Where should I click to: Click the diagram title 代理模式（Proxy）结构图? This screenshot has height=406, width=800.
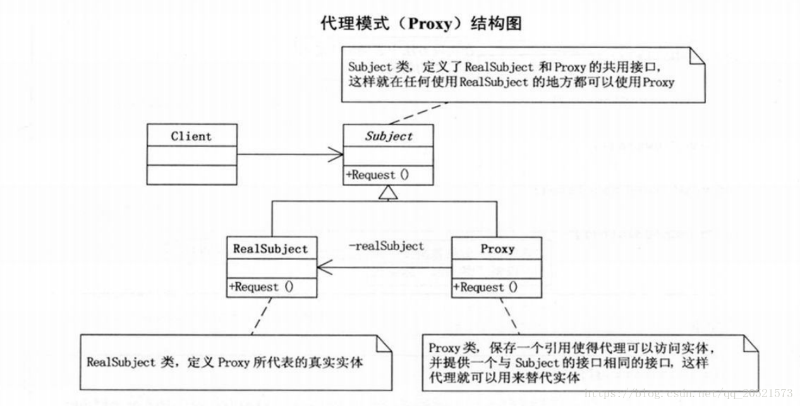coord(421,24)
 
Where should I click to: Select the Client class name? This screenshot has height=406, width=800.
coord(191,136)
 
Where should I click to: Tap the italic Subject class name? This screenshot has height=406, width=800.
coord(389,136)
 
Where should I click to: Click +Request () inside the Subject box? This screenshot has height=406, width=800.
coord(377,175)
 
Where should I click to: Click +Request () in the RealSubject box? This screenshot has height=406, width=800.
coord(261,287)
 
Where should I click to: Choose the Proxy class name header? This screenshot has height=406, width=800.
coord(497,249)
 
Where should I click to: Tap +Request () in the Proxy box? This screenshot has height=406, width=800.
coord(485,287)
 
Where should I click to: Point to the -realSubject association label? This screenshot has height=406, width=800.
coord(387,246)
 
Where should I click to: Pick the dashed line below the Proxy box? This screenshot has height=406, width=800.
coord(511,316)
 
